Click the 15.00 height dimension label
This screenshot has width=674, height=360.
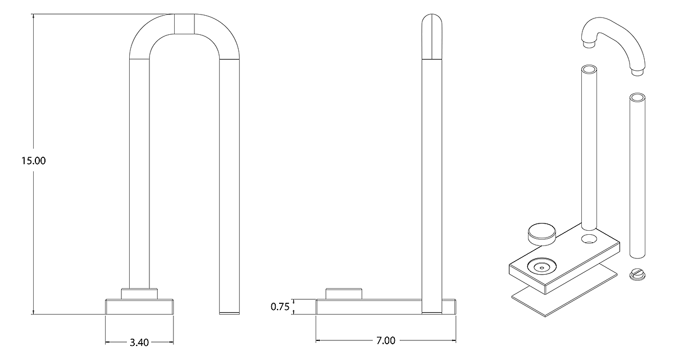point(33,161)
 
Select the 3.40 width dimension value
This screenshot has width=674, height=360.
point(139,342)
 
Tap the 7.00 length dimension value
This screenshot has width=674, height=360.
point(386,340)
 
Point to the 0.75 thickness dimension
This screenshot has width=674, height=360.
point(280,307)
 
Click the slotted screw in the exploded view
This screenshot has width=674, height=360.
point(637,275)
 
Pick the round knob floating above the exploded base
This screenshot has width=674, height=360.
point(541,234)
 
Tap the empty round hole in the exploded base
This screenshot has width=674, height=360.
point(589,239)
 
